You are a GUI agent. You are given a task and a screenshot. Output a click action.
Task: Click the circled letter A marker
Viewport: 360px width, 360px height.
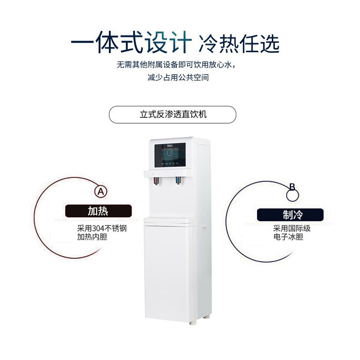[x=101, y=191]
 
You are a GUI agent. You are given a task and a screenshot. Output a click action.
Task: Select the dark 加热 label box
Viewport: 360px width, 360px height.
[x=99, y=211]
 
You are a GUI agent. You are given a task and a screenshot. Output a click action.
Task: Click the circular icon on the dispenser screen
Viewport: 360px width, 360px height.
[x=170, y=154]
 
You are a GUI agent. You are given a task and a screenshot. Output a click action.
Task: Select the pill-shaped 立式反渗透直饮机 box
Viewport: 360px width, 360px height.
[x=173, y=114]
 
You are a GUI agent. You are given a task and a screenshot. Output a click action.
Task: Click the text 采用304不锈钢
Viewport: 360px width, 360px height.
[x=102, y=229]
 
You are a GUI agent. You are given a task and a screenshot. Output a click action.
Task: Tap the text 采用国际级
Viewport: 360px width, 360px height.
[x=292, y=229]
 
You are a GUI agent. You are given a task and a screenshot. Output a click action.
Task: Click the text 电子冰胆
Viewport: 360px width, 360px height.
[x=288, y=237]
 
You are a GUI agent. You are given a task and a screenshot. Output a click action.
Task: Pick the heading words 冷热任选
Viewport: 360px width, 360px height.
[x=238, y=45]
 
